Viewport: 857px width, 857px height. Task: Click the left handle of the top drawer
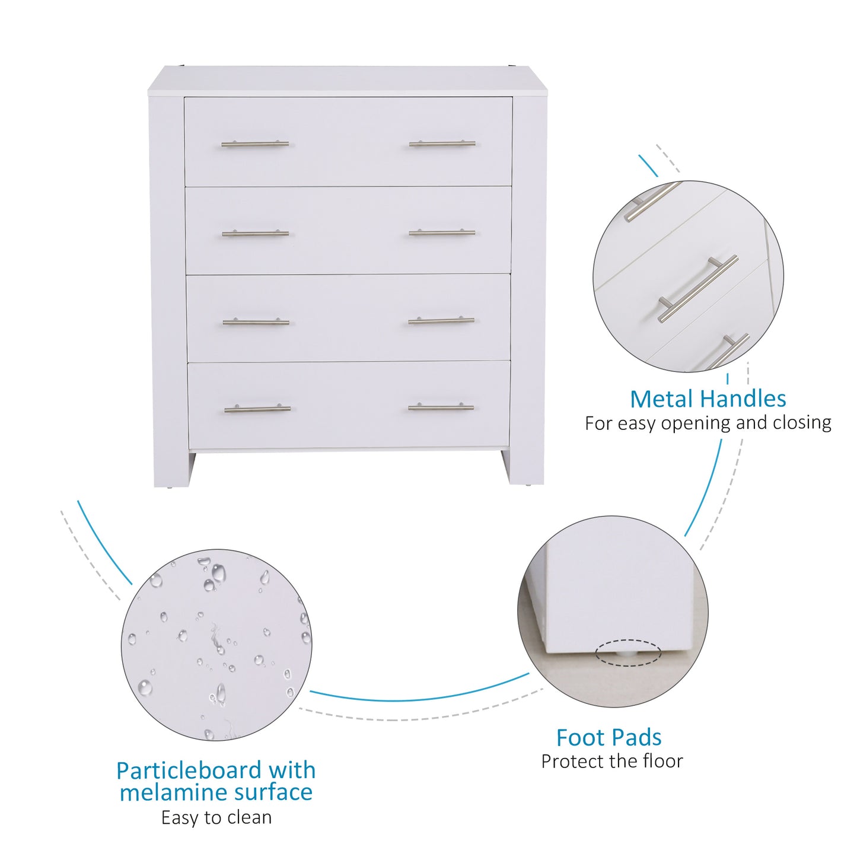click(x=255, y=144)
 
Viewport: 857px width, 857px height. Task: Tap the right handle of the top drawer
click(x=442, y=144)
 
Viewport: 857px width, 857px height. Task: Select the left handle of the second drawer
click(x=255, y=234)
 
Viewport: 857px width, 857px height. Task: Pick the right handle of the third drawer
click(x=441, y=321)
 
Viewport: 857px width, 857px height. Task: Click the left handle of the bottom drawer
click(x=257, y=409)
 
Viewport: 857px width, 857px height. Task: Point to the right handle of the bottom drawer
click(x=441, y=407)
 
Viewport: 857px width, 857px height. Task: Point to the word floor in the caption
click(x=662, y=761)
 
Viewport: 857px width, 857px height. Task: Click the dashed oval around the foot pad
click(x=627, y=652)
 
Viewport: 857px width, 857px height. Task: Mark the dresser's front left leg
click(x=171, y=469)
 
